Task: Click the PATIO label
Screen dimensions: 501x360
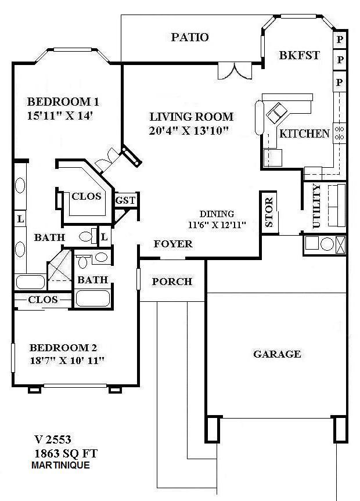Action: [190, 38]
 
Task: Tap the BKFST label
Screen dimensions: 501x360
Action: [299, 56]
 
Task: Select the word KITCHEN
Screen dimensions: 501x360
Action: [304, 134]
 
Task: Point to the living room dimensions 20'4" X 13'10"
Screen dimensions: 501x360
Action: [188, 130]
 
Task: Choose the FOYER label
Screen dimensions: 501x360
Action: [173, 244]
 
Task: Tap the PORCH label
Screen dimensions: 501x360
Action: [172, 282]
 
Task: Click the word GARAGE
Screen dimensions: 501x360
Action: [277, 354]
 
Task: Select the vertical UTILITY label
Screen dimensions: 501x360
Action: [316, 207]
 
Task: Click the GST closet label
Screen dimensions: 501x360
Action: [125, 200]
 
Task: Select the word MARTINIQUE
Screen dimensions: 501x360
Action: [61, 465]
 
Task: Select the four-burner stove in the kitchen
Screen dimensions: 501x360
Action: [340, 133]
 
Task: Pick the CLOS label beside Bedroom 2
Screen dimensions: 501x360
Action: [43, 300]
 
